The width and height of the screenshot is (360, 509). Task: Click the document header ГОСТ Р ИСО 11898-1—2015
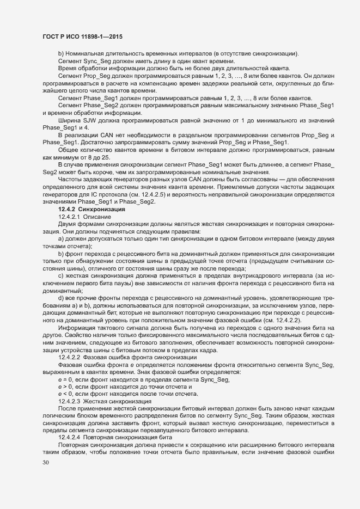[x=82, y=36]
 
